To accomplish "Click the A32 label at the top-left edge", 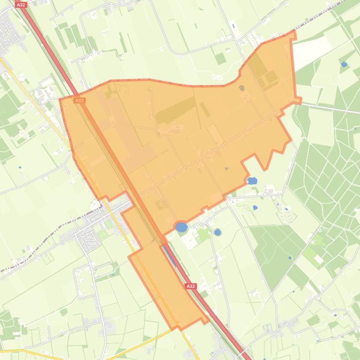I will point(21,5).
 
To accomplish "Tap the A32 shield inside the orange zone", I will point(80,100).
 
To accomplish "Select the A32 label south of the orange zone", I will point(190,286).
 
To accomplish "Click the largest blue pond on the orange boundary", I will point(181,228).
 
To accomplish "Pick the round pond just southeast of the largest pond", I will point(217,232).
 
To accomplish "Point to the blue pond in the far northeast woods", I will point(344,64).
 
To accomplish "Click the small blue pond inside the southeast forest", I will point(290,258).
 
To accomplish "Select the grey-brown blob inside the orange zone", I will point(242,87).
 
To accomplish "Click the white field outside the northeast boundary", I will point(311,49).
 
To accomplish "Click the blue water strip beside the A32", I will point(170,255).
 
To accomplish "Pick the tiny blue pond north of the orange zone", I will point(233,26).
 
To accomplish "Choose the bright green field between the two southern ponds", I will point(203,234).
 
